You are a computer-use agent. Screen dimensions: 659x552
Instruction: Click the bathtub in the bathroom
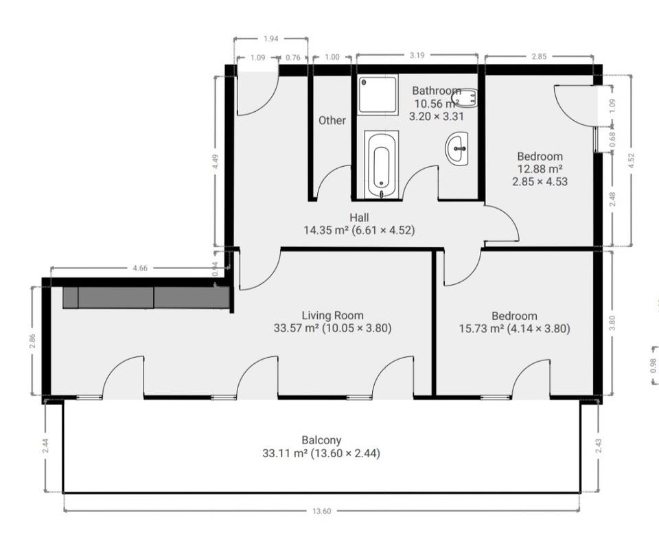tap(381, 164)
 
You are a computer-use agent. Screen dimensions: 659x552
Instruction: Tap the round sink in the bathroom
tap(457, 148)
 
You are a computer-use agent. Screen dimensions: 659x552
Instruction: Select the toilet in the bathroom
tap(467, 98)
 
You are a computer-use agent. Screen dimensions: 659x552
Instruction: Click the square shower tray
tap(378, 95)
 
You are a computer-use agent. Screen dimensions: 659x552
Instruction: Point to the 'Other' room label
tap(332, 120)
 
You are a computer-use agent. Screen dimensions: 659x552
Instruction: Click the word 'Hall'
tap(359, 218)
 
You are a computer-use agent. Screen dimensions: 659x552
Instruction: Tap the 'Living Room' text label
tap(332, 315)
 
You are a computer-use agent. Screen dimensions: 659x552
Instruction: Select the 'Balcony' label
tap(321, 440)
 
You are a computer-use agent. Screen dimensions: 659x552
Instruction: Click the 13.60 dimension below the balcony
tap(321, 511)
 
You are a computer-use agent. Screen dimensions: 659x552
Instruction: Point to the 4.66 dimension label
tap(140, 268)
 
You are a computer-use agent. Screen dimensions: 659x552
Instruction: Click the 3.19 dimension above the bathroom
tap(417, 55)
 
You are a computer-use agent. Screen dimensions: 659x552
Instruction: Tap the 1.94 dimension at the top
tap(271, 38)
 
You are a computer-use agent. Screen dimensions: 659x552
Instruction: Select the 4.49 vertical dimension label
tap(215, 162)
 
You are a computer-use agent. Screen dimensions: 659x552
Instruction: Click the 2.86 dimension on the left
tap(32, 341)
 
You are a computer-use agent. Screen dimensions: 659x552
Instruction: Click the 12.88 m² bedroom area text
tap(540, 169)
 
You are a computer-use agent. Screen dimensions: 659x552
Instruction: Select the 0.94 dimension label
tap(215, 268)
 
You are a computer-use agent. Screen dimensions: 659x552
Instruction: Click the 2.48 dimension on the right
tap(612, 199)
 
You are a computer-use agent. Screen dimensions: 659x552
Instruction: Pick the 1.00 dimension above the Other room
tap(332, 57)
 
